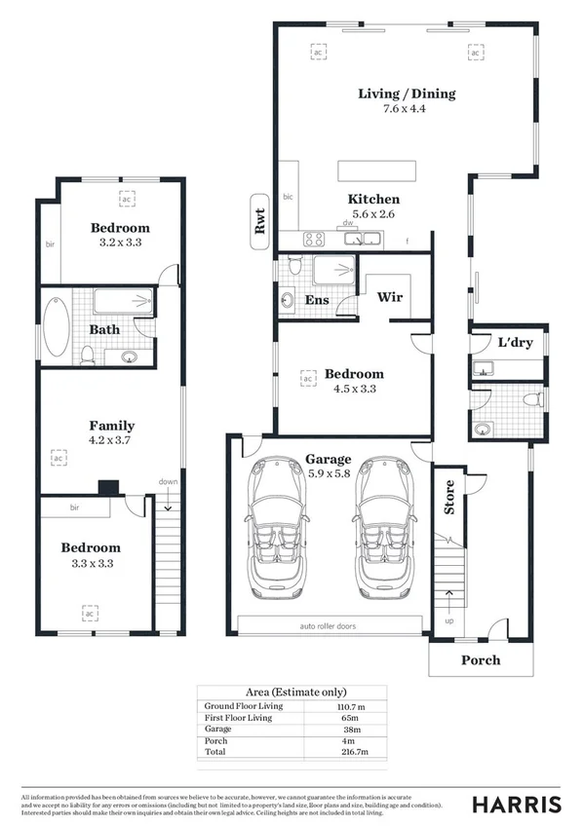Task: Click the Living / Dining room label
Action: point(407,94)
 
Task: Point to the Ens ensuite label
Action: point(317,300)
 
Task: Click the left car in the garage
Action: point(283,526)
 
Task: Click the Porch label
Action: point(480,660)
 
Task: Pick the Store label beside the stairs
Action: point(449,497)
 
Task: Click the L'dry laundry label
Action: point(513,344)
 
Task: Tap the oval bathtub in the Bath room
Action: point(54,328)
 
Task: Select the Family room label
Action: point(112,426)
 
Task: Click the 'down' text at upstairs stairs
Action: point(169,481)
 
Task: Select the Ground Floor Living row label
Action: point(248,706)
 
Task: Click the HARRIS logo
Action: point(517,804)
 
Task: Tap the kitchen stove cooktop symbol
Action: point(314,239)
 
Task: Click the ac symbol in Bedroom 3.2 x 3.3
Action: point(126,198)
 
